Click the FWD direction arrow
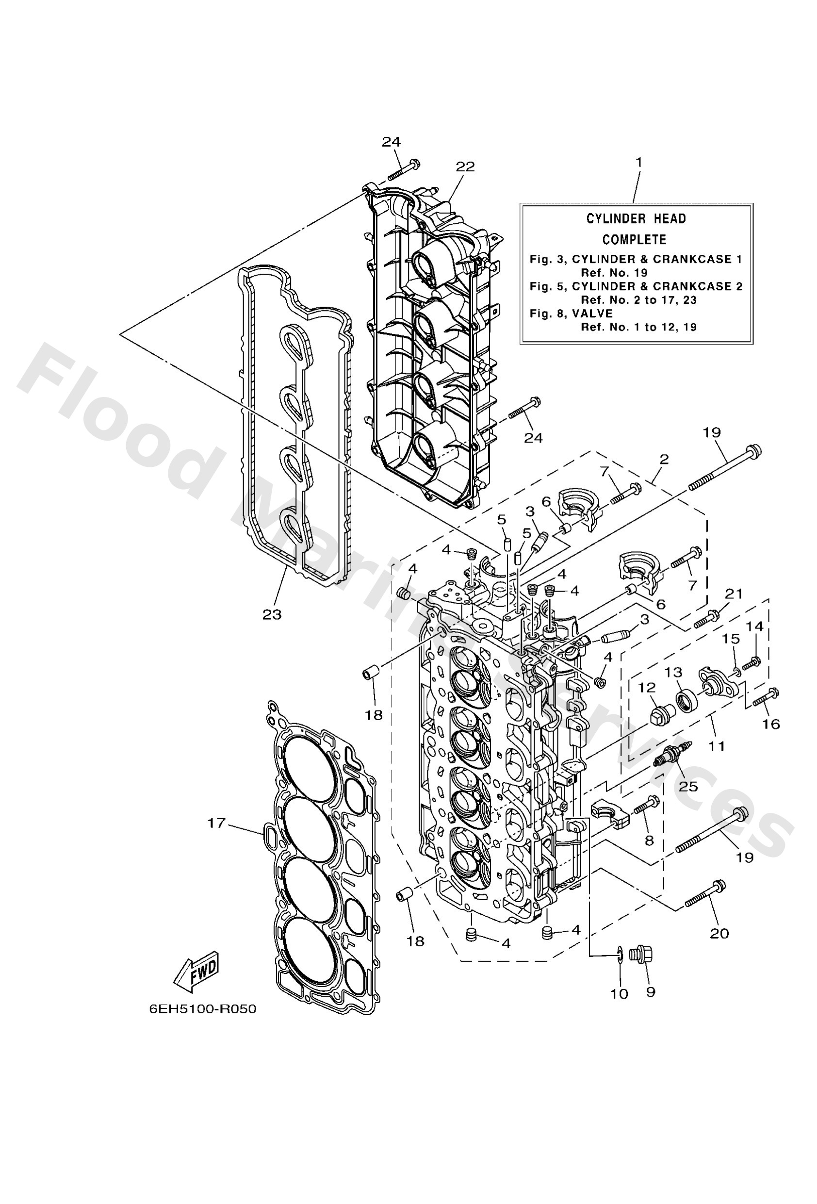coord(197,972)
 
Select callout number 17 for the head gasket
coord(216,822)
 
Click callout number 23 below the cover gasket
coord(272,614)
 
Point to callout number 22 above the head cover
coord(465,166)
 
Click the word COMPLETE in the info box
coord(634,240)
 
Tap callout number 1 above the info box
coord(639,162)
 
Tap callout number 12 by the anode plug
coord(647,688)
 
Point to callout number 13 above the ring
coord(673,672)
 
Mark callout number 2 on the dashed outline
coord(664,459)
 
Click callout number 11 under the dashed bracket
coord(717,746)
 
